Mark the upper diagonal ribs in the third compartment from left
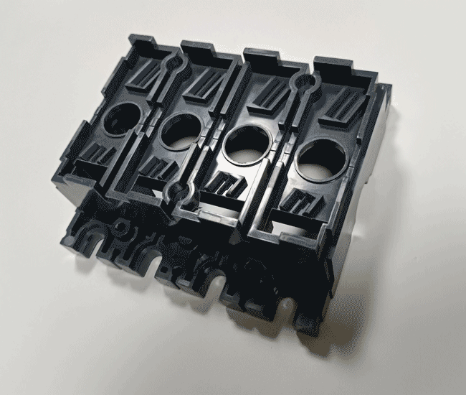click(275, 94)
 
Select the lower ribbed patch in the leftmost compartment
click(98, 153)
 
